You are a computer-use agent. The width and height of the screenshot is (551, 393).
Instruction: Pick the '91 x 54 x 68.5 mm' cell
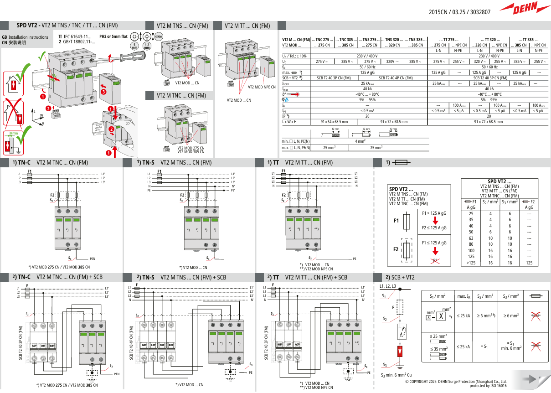click(334, 122)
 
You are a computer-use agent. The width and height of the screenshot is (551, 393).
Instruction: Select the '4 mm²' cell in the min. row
click(360, 142)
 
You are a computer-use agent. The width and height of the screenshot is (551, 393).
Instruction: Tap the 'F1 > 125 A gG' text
click(434, 213)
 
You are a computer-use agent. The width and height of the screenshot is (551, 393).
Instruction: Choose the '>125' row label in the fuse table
click(471, 263)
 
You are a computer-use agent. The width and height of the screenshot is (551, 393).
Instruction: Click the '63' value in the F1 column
click(471, 238)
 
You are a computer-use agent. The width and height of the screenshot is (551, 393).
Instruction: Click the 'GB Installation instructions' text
click(25, 37)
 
